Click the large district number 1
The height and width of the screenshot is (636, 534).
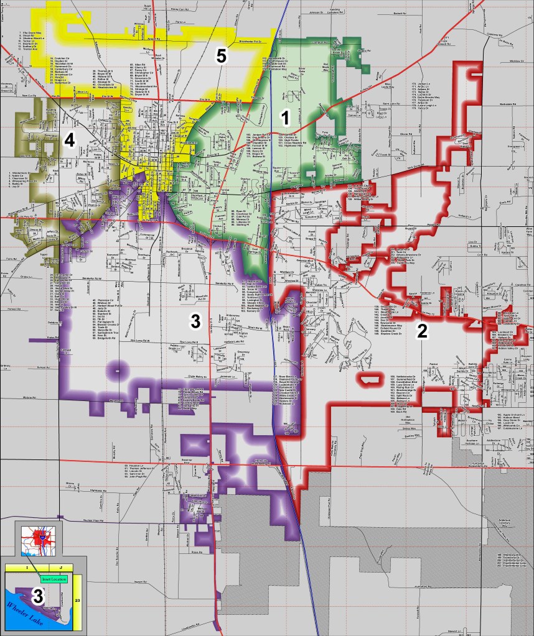[284, 116]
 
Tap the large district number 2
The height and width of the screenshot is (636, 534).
[423, 331]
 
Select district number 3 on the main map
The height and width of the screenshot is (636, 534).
[195, 321]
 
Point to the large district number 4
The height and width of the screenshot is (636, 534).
[69, 141]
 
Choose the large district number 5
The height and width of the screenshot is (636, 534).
[221, 56]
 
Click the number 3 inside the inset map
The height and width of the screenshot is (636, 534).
[37, 597]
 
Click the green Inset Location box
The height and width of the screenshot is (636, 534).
[54, 579]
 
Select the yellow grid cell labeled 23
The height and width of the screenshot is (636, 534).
[78, 601]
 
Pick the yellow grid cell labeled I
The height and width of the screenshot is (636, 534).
[27, 567]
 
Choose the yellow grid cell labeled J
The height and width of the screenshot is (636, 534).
[61, 567]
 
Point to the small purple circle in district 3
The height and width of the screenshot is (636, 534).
[115, 371]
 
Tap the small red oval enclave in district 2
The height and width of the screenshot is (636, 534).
[370, 379]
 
